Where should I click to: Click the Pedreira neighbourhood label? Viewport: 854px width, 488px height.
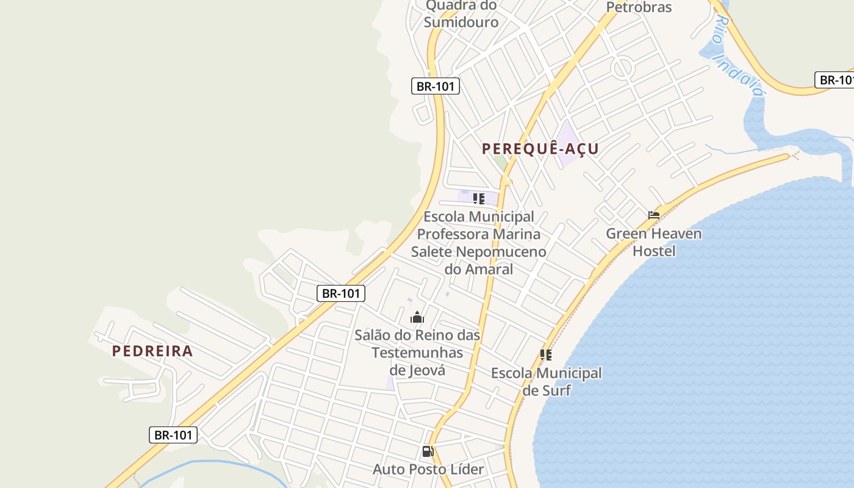pos(152,351)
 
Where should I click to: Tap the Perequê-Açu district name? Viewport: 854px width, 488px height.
pos(540,148)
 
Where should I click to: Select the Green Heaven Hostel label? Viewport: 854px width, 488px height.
pos(653,242)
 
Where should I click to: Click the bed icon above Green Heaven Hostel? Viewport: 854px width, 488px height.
pos(654,215)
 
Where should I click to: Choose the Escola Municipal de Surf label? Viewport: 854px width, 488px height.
pos(546,381)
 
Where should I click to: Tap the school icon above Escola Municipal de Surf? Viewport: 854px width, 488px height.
pos(546,354)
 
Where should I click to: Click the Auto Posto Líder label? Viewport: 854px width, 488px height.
pos(428,469)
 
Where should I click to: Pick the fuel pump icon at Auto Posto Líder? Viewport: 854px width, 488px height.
pos(428,451)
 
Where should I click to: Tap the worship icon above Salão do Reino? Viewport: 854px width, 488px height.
pos(417,317)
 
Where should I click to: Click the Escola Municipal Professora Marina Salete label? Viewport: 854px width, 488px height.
pos(479,242)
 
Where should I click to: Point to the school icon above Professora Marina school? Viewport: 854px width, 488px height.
pos(479,198)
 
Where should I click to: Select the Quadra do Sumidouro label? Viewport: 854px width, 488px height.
pos(462,13)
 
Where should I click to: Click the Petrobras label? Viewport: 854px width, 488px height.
pos(639,7)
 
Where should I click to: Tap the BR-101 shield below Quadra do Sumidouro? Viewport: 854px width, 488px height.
pos(435,86)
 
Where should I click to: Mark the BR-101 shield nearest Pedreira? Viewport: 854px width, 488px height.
pos(173,435)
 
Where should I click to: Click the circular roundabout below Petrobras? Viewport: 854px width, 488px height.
pos(623,66)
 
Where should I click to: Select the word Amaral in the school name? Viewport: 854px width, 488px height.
pos(489,269)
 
